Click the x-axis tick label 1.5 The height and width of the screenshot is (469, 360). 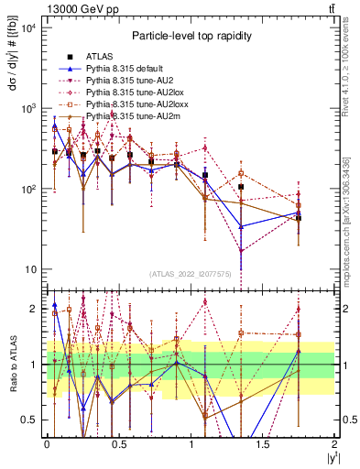click(265, 443)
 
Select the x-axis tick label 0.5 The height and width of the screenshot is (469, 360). click(119, 443)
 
